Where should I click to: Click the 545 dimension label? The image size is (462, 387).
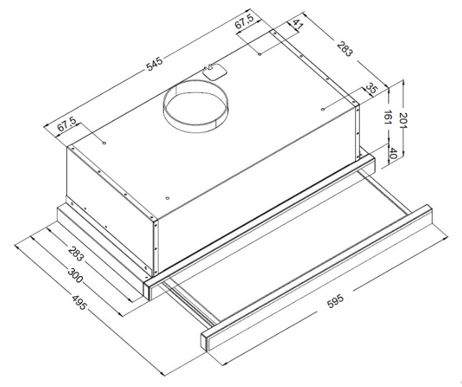(155, 65)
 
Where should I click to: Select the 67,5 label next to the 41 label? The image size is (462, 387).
(244, 22)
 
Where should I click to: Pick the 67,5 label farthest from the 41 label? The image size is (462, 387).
(66, 124)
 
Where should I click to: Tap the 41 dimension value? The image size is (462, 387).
(298, 24)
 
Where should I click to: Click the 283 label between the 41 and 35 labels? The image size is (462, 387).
(344, 49)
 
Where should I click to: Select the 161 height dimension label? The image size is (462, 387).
(388, 118)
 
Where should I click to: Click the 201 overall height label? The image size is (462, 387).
(403, 120)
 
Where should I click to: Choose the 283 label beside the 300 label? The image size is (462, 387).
(76, 253)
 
